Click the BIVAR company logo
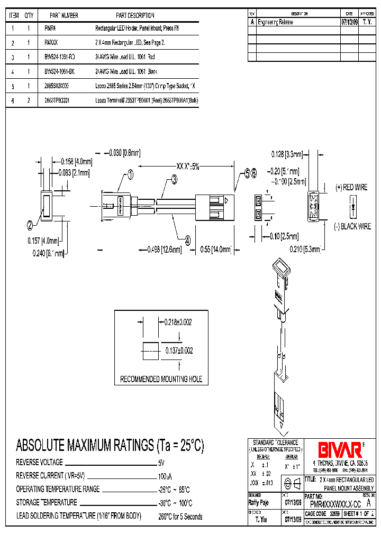pos(339,450)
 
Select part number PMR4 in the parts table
pos(50,27)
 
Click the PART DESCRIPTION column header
pos(135,16)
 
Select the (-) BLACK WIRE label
pos(352,226)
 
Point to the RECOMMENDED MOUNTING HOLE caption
pos(161,379)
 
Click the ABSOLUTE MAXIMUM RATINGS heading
pos(110,446)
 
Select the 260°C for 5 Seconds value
pos(180,516)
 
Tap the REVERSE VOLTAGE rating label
pos(39,462)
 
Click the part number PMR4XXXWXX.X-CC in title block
pos(335,504)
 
